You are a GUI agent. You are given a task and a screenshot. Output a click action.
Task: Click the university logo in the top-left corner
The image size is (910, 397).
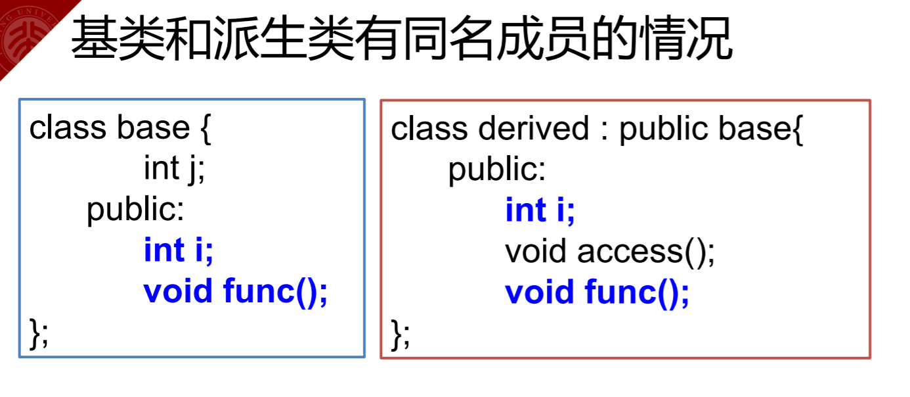point(24,37)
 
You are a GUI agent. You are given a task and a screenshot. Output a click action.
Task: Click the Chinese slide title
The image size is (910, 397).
point(401,39)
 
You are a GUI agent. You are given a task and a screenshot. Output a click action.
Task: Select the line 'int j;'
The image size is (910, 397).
point(175,168)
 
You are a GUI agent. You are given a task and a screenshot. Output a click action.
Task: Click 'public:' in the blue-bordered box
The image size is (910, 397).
point(136,210)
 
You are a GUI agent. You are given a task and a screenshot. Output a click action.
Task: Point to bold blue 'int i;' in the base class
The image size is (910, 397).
point(179,250)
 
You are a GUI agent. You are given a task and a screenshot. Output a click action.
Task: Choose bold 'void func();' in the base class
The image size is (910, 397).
point(236,291)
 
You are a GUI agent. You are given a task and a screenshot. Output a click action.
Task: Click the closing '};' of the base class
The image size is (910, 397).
point(39,333)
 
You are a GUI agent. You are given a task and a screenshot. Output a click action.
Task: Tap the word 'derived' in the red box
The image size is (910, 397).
point(534,128)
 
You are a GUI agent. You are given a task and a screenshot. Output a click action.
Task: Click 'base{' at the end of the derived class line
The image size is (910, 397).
point(761,128)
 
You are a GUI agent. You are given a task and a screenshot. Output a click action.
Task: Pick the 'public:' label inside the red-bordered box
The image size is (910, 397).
point(497,170)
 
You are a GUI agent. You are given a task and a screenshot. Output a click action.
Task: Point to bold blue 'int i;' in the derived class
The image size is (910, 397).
point(540,210)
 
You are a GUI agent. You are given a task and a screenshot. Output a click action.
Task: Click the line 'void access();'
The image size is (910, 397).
point(609,251)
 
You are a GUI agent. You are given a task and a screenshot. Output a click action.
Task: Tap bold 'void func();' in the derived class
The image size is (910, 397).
point(597,292)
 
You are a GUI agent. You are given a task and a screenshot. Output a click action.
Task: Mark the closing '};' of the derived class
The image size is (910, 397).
point(401,333)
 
